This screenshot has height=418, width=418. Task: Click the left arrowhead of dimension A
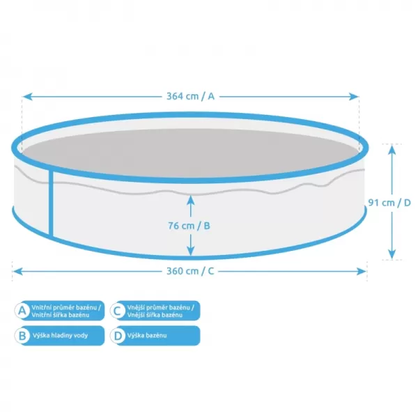tap(27, 97)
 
